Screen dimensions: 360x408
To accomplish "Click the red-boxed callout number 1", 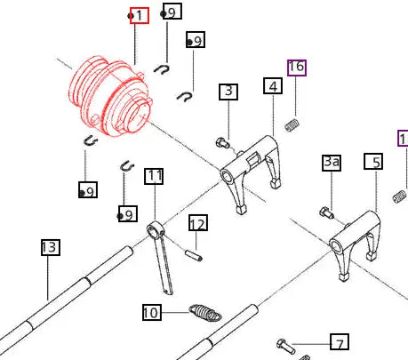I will pyautogui.click(x=138, y=16).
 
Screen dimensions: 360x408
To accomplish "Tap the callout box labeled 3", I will pyautogui.click(x=229, y=91).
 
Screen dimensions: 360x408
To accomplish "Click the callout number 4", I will pyautogui.click(x=272, y=85).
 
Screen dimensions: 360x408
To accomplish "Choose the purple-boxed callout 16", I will pyautogui.click(x=296, y=67).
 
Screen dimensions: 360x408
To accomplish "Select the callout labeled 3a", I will pyautogui.click(x=332, y=162).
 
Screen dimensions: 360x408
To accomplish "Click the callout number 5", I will pyautogui.click(x=373, y=162).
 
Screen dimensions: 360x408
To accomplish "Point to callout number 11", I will pyautogui.click(x=155, y=176).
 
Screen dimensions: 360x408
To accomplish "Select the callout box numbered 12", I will pyautogui.click(x=197, y=223).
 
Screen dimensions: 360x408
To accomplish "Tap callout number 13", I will pyautogui.click(x=50, y=247).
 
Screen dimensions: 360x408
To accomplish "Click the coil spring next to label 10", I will pyautogui.click(x=204, y=312).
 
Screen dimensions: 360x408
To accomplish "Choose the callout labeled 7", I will pyautogui.click(x=338, y=342).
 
